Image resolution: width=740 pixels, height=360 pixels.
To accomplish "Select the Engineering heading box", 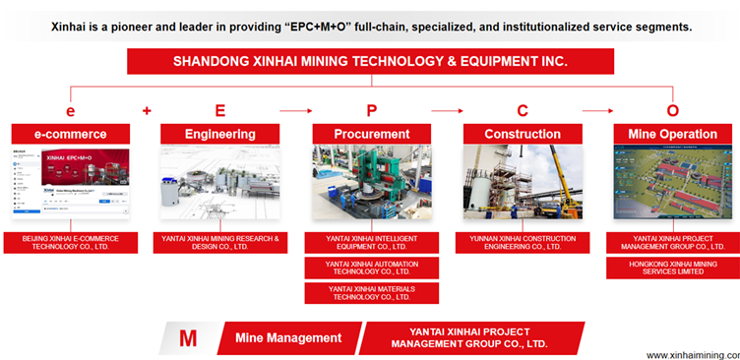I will pos(220,134).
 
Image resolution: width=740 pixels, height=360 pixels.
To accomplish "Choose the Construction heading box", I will pos(523,134).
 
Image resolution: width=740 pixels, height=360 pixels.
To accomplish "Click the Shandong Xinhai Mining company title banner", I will pos(370,61).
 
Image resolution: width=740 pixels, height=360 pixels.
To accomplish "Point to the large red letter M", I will pos(187,338).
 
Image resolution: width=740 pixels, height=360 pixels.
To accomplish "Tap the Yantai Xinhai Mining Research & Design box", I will pos(220,243).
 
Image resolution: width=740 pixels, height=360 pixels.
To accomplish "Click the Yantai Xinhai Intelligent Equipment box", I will pos(371,243).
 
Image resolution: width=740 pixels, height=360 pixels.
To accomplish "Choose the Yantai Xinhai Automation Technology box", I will pos(371,268).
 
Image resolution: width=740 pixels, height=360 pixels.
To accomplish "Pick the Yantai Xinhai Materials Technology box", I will pos(371,292).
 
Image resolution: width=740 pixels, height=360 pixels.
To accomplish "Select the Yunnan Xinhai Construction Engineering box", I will pos(523,243).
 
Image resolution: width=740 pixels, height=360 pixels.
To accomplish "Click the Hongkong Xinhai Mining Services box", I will pos(671,268).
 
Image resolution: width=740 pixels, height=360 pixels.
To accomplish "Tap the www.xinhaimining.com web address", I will pos(691,354).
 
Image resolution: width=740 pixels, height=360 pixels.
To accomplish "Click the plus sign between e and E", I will pos(147,110).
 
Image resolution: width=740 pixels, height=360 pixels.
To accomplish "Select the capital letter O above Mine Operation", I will pos(672,110).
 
